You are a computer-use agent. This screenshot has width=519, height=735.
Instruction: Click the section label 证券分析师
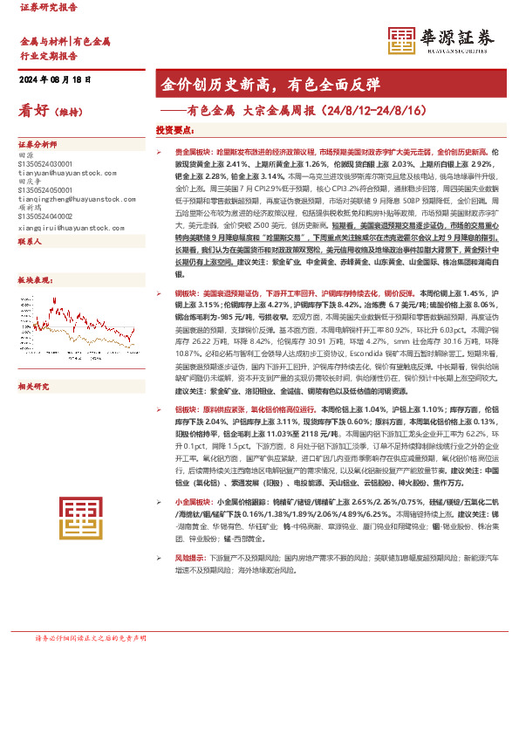tap(38, 144)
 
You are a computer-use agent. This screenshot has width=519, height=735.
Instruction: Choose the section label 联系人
tap(31, 241)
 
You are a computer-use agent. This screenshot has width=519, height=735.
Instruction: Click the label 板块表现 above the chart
tap(36, 279)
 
